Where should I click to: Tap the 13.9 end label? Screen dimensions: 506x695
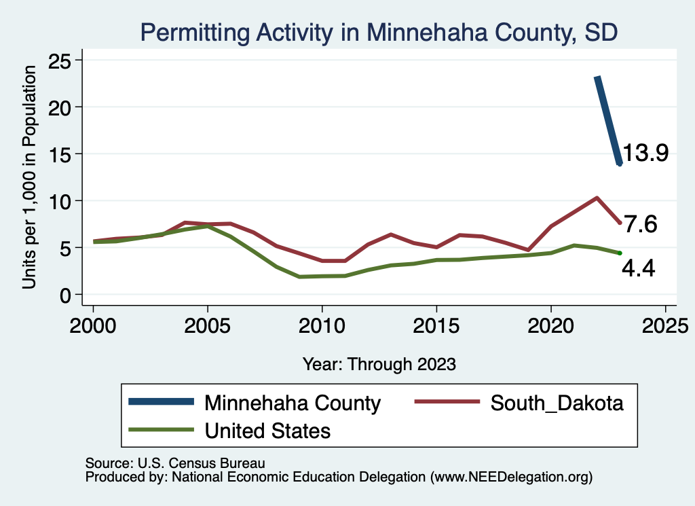(x=645, y=153)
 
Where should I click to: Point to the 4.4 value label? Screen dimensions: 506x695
(x=638, y=270)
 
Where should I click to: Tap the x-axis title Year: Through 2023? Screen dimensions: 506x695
(x=379, y=364)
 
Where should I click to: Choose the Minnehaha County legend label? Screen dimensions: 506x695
(x=293, y=403)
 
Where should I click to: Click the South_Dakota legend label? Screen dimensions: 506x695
(x=557, y=403)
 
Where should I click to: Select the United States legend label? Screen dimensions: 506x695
(x=267, y=430)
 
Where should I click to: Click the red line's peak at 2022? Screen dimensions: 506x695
(x=596, y=198)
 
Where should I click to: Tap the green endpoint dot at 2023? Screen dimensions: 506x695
(x=620, y=253)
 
